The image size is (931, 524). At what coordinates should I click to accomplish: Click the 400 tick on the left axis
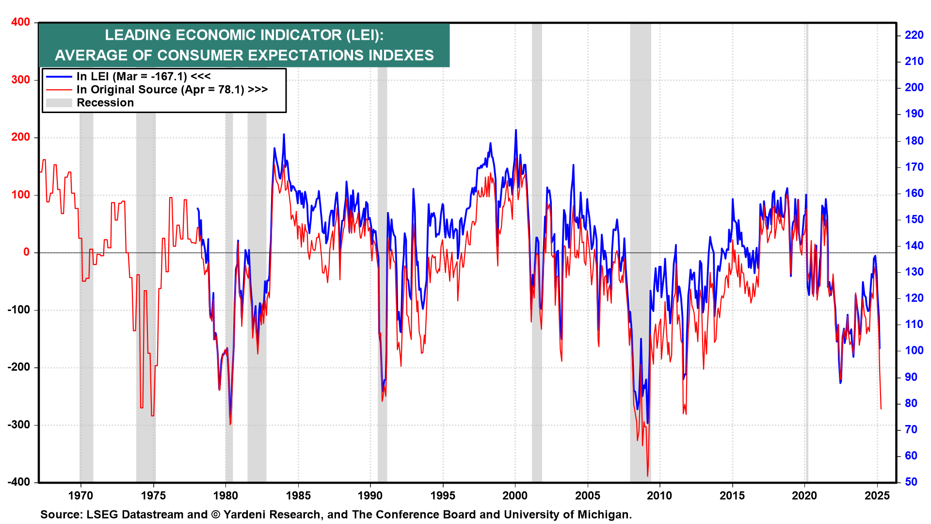click(20, 22)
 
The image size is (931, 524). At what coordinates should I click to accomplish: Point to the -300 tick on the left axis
click(18, 425)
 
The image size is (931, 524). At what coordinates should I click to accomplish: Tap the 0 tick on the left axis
click(26, 252)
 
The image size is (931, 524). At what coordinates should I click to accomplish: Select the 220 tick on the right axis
click(914, 35)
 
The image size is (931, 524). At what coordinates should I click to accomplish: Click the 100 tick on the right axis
click(914, 351)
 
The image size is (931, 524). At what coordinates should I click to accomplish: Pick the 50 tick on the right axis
click(911, 482)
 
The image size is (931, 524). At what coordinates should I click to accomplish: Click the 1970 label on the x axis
click(80, 496)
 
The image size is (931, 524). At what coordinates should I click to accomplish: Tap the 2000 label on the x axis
click(515, 496)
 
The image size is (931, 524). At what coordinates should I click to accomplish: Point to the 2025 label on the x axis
click(877, 496)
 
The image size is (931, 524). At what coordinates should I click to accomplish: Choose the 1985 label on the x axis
click(298, 496)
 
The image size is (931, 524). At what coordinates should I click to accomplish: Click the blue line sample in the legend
click(59, 77)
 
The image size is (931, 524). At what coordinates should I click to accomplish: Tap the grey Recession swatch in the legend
click(59, 103)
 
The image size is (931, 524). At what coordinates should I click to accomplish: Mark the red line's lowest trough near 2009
click(647, 476)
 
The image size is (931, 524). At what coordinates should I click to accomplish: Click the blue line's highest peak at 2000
click(516, 130)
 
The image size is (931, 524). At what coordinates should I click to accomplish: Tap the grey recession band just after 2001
click(537, 243)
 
